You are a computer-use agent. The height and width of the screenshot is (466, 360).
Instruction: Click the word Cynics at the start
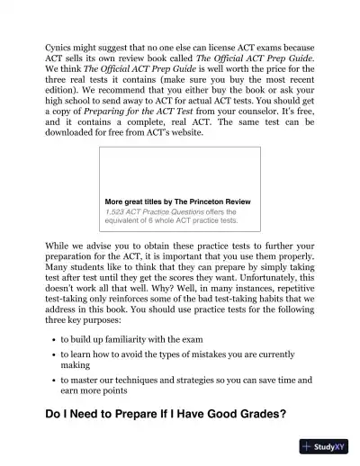point(59,42)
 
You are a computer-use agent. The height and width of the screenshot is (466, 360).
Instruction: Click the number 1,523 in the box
point(116,211)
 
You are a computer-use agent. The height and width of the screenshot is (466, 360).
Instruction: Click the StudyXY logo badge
point(326,446)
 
